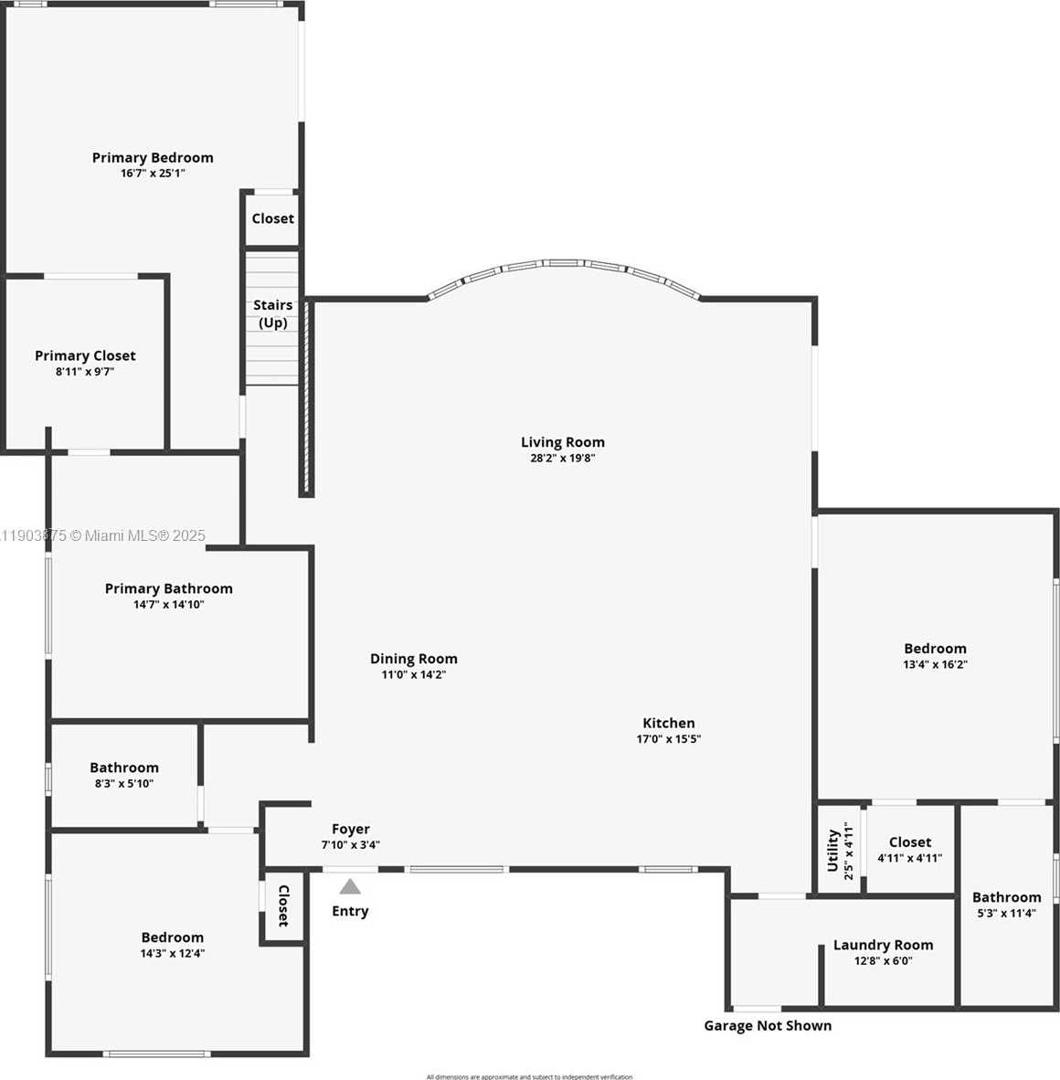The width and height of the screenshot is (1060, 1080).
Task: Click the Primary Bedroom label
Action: coord(153,158)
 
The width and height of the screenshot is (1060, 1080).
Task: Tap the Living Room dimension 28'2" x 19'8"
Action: coord(562,459)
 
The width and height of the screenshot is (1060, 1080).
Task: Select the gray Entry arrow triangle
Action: coord(350,886)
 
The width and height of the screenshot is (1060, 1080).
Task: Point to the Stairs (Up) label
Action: coord(273,313)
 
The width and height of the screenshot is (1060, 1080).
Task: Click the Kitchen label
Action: coord(668,723)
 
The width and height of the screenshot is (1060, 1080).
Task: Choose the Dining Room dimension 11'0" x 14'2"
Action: coord(413,675)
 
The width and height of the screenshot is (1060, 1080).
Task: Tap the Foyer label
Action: coord(351,829)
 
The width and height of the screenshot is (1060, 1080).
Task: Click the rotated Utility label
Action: coord(832,850)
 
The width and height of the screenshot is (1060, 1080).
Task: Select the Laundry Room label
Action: coord(883,945)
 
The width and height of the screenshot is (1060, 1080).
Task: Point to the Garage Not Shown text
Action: coord(768,1025)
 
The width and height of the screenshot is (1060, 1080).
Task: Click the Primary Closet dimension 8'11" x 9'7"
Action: coord(85,372)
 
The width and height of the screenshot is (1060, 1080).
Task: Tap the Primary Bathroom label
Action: coord(168,588)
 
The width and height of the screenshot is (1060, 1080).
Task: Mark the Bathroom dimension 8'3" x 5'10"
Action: coord(124,784)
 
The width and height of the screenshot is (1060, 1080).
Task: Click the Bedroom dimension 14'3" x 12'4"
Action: coord(172,954)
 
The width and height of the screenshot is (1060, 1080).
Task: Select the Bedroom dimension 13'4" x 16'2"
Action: coord(935,665)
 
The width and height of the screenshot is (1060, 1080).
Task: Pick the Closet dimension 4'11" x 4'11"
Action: coord(909,858)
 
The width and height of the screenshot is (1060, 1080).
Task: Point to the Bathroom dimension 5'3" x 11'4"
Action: coord(1006,913)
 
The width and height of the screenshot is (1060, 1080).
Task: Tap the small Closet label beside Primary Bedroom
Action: coord(272,218)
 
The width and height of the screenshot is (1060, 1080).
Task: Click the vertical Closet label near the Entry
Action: coord(283,905)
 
